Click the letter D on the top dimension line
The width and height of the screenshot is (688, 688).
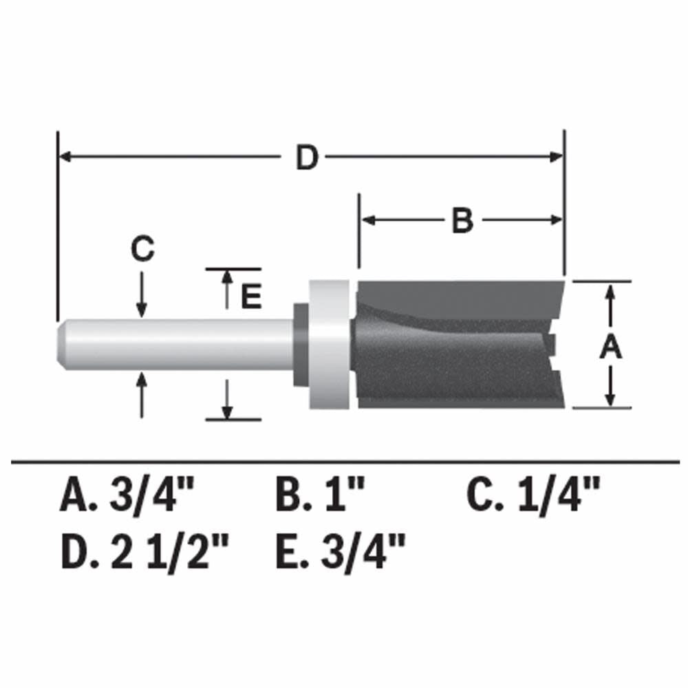[307, 158]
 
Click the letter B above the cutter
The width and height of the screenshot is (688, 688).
[462, 221]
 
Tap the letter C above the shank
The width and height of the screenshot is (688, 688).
[142, 250]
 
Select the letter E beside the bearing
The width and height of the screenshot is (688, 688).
[251, 297]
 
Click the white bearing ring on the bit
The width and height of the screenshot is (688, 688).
[329, 344]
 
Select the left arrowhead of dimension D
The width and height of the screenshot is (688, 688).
[65, 158]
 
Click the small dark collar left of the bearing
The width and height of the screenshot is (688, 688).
[301, 344]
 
